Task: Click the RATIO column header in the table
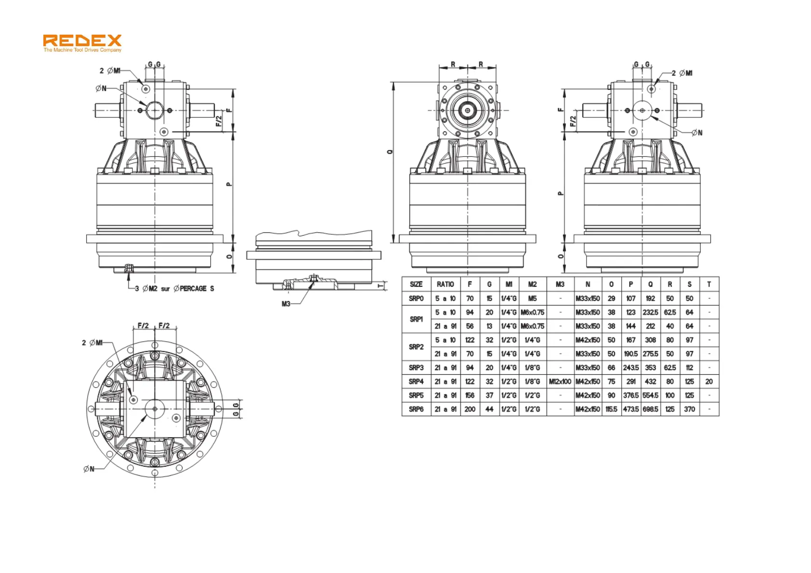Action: coord(445,284)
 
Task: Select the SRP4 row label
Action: coord(416,382)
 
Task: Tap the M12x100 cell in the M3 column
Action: coord(560,382)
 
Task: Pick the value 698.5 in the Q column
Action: coord(650,409)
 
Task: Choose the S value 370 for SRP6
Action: coord(689,409)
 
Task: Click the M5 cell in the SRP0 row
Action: coord(532,298)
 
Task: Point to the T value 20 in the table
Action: coord(709,382)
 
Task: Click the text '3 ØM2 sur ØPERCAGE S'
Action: coord(174,289)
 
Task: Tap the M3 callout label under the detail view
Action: coord(286,304)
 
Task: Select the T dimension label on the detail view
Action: coord(380,286)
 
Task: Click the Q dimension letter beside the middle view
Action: coord(390,152)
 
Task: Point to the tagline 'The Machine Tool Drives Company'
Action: coord(82,50)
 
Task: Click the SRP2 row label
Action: coord(416,347)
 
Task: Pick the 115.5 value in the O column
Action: coord(611,409)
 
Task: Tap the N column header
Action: coord(588,284)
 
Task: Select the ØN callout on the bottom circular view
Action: coord(89,469)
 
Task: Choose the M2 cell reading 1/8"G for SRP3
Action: coord(532,368)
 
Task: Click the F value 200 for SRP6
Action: coord(470,409)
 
